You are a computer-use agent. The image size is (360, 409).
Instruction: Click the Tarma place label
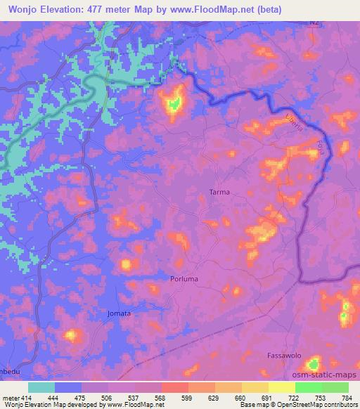pyautogui.click(x=219, y=192)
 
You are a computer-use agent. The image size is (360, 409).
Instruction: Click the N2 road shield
pyautogui.click(x=314, y=22)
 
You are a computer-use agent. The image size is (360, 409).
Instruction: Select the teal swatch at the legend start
pyautogui.click(x=41, y=387)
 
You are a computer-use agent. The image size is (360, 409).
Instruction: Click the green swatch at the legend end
pyautogui.click(x=335, y=387)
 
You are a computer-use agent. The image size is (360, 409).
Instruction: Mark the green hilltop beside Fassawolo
pyautogui.click(x=314, y=364)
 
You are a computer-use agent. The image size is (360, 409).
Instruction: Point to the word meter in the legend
pyautogui.click(x=11, y=396)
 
